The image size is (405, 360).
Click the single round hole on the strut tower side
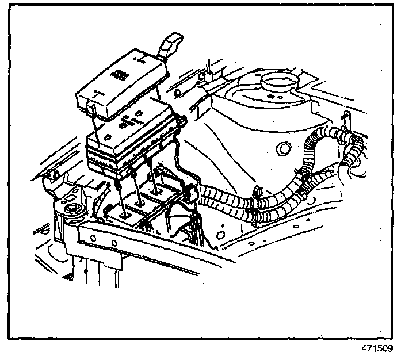coord(282,149)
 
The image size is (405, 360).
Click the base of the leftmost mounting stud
coord(123,212)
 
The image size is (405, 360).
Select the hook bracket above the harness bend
coord(345,119)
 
